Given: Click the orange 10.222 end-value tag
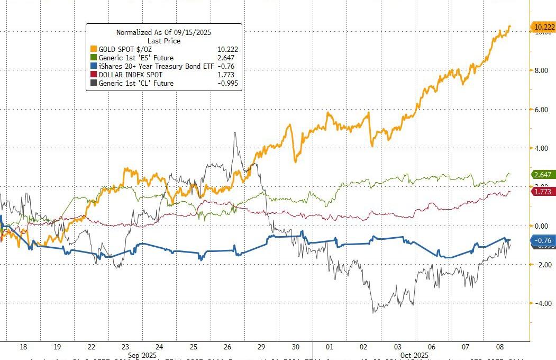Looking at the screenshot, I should [x=543, y=27].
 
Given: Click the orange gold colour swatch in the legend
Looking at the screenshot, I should [x=94, y=49].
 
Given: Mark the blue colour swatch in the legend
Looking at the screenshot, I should [x=94, y=66].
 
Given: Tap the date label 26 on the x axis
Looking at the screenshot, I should [x=227, y=347].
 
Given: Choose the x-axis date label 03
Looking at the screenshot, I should [x=397, y=347].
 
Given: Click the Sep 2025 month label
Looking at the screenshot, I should [x=143, y=355].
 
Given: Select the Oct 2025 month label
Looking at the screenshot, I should [x=414, y=355].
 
